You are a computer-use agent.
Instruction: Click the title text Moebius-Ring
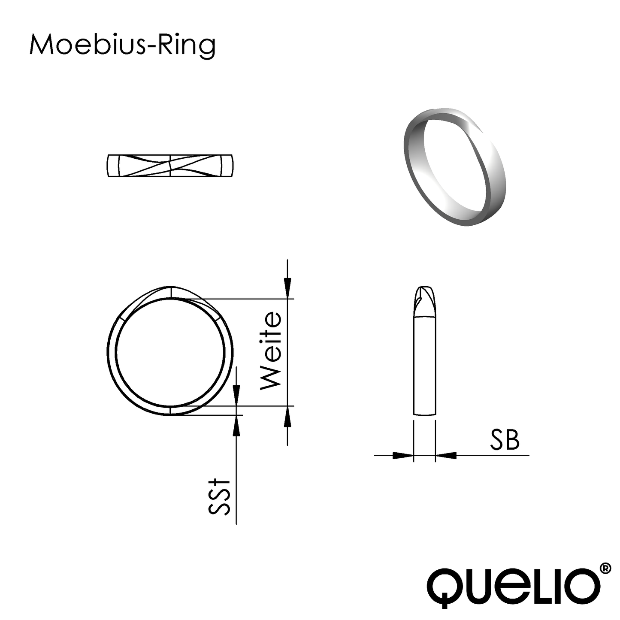tap(122, 45)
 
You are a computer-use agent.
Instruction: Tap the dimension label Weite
tap(271, 351)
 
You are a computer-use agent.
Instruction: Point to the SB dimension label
tap(505, 440)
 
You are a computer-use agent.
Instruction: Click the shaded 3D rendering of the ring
tap(455, 166)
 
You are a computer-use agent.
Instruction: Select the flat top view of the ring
tap(170, 165)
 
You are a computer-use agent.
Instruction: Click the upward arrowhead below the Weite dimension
tap(287, 416)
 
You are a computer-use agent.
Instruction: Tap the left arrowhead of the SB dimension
tap(402, 455)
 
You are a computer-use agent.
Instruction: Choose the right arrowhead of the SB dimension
tap(446, 455)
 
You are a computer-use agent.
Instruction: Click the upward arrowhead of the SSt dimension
tap(236, 426)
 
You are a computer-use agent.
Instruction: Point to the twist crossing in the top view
tap(170, 165)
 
